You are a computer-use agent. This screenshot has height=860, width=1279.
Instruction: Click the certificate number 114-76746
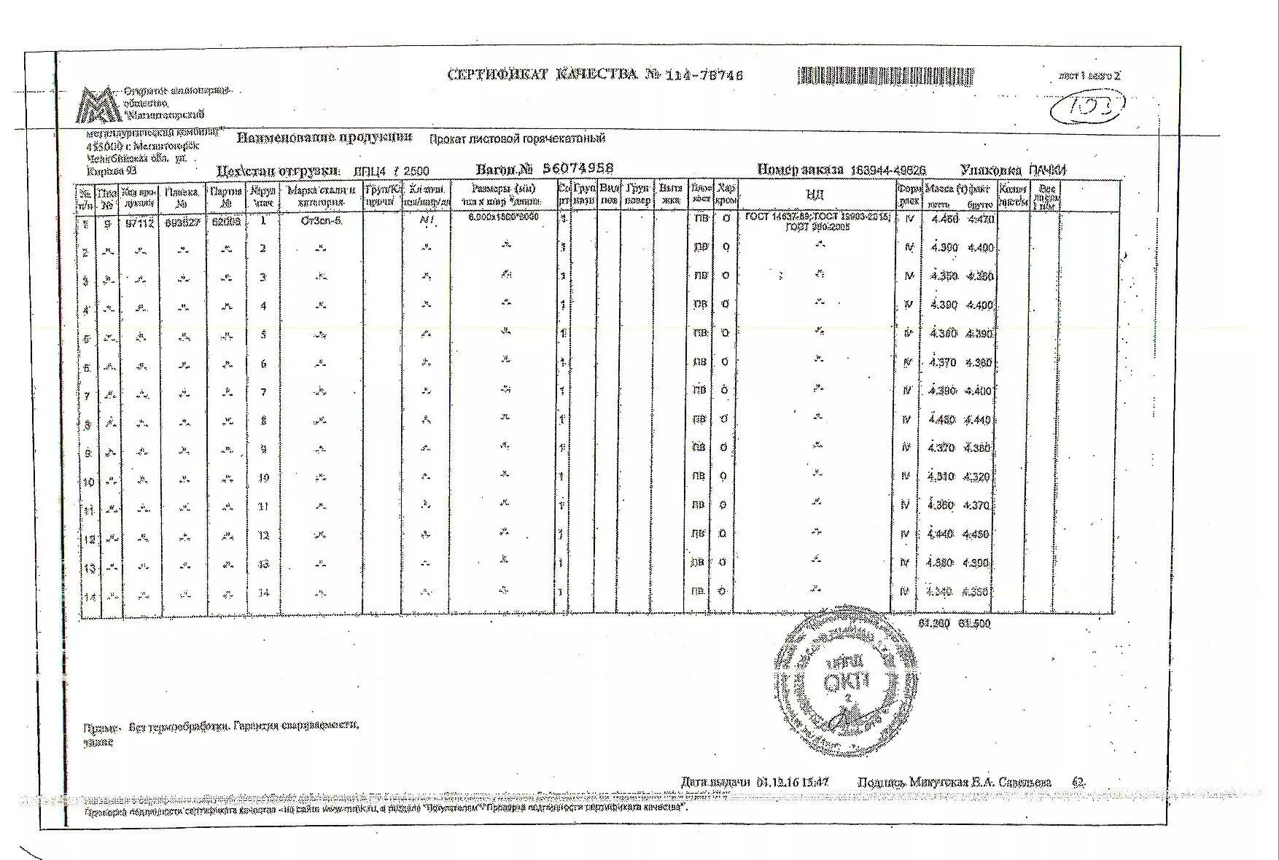704,75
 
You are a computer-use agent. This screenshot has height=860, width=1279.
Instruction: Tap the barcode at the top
885,76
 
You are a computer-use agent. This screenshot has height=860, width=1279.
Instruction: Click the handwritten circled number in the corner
1086,109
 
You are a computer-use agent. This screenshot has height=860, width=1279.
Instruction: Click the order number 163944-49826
888,170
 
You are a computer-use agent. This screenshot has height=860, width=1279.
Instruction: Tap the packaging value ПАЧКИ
1047,170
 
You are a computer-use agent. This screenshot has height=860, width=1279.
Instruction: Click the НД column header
815,195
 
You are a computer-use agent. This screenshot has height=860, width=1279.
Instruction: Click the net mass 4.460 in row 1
944,219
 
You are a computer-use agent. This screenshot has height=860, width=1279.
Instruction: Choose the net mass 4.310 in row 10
941,477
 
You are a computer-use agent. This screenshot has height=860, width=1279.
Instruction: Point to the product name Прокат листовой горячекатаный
516,138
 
